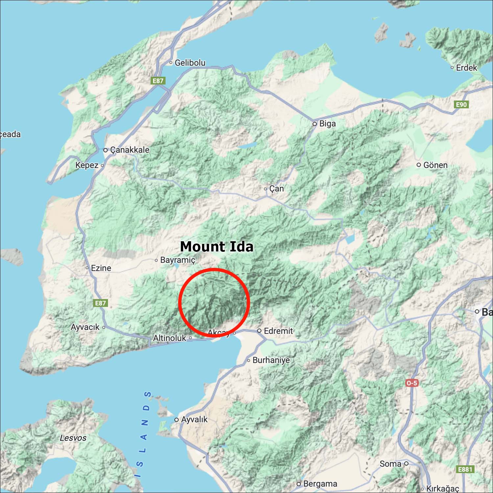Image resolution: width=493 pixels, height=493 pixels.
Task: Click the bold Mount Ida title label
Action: click(217, 246)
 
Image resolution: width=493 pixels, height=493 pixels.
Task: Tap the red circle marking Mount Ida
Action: click(214, 302)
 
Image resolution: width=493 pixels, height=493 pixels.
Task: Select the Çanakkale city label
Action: click(129, 150)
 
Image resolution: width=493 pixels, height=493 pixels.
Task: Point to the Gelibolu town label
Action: click(190, 62)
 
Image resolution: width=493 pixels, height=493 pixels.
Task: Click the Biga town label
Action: click(327, 124)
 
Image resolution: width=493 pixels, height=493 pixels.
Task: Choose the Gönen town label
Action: click(435, 165)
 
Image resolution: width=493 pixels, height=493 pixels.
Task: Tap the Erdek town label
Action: click(466, 68)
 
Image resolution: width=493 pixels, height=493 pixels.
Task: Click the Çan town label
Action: click(276, 189)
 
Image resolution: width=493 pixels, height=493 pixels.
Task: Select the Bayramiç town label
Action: click(177, 260)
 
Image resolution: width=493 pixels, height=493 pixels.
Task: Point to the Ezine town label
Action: click(101, 268)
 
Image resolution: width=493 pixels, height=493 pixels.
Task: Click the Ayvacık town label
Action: click(85, 327)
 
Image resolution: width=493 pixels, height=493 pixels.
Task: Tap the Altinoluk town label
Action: click(170, 338)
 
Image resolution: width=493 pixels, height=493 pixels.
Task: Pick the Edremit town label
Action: click(278, 331)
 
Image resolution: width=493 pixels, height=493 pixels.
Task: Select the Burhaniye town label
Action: click(271, 360)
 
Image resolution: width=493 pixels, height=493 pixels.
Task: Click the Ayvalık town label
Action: click(194, 419)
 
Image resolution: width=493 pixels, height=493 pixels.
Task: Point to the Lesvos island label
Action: click(73, 438)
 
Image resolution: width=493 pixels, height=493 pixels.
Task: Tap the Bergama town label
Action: click(320, 484)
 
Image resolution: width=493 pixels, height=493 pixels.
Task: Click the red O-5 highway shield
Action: click(411, 383)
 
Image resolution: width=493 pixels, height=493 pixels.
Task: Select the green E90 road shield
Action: click(461, 105)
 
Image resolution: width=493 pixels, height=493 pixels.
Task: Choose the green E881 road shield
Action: click(465, 469)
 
